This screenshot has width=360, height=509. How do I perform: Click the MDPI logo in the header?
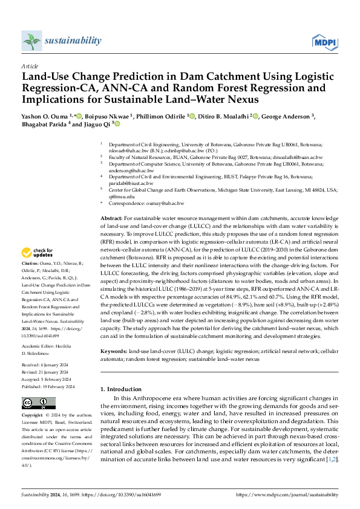324,41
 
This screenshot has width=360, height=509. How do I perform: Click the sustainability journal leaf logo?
31,41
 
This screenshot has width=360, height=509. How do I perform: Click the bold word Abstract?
111,218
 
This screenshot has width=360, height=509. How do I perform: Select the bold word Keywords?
113,351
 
